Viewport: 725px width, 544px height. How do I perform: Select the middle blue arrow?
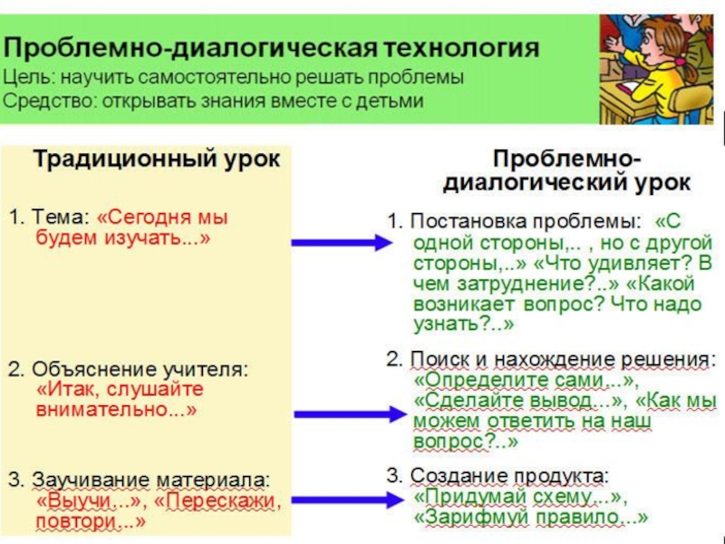coord(348,414)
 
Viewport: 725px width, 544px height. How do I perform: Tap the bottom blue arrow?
coord(348,500)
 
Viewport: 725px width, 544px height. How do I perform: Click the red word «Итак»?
coord(67,390)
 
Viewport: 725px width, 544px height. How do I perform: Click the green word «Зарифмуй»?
coord(465,518)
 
